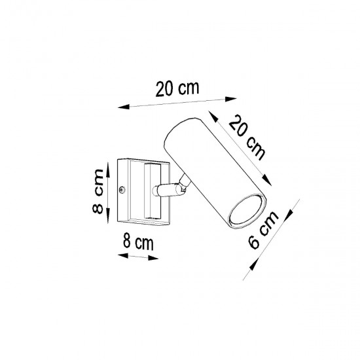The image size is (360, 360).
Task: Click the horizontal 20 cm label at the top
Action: point(177,89)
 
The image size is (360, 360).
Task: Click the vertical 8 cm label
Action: point(96,191)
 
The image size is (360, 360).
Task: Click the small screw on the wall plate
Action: point(122,190)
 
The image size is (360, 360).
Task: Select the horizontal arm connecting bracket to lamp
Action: point(168,190)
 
